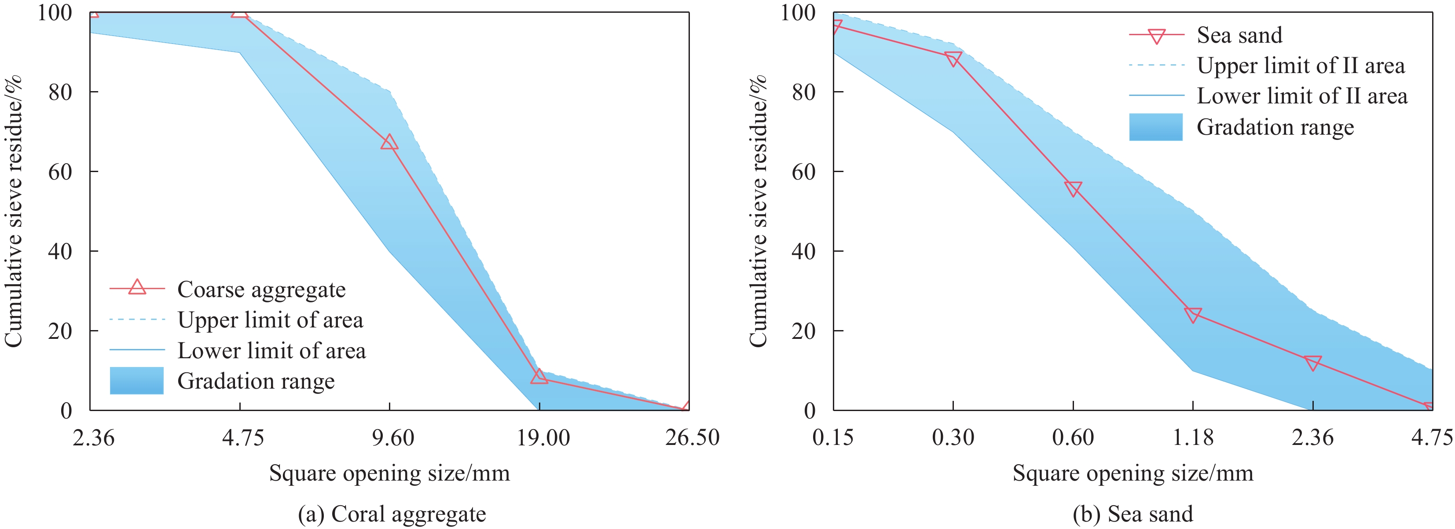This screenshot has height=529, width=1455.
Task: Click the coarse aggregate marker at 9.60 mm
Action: point(388,142)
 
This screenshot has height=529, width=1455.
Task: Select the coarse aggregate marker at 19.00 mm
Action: point(539,376)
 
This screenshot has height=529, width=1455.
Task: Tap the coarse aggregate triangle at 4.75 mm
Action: point(239,11)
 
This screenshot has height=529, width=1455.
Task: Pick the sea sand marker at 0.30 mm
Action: point(953,59)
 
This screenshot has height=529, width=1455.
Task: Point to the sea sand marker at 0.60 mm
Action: point(1073,188)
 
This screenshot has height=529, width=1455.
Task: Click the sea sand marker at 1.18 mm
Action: point(1192,315)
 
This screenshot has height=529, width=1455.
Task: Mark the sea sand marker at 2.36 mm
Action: point(1312,362)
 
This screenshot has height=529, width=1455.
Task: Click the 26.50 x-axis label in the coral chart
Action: point(691,438)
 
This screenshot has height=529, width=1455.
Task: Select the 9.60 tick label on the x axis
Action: point(392,438)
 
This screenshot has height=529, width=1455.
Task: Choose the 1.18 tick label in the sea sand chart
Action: point(1192,438)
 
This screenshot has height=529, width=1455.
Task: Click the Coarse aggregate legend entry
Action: point(261,290)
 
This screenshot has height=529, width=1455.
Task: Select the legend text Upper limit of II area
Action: point(1300,66)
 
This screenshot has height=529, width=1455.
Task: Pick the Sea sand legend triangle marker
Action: point(1156,36)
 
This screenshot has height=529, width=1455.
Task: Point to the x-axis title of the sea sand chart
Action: point(1132,473)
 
